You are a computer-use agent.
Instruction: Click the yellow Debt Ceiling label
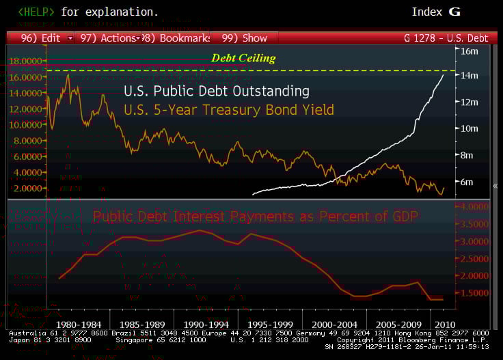pyautogui.click(x=243, y=58)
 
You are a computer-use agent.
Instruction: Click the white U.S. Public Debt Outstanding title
pyautogui.click(x=217, y=91)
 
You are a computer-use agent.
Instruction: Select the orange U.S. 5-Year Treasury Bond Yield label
pyautogui.click(x=228, y=109)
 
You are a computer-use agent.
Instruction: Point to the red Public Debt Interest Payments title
pyautogui.click(x=256, y=217)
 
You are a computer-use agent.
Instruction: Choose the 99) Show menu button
pyautogui.click(x=245, y=38)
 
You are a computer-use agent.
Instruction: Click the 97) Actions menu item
pyautogui.click(x=109, y=38)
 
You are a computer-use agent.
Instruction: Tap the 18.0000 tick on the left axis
pyautogui.click(x=25, y=61)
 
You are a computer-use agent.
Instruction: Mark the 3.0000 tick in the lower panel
pyautogui.click(x=473, y=241)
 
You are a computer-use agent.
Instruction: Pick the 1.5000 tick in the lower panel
pyautogui.click(x=473, y=292)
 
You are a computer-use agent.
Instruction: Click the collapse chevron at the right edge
pyautogui.click(x=495, y=185)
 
